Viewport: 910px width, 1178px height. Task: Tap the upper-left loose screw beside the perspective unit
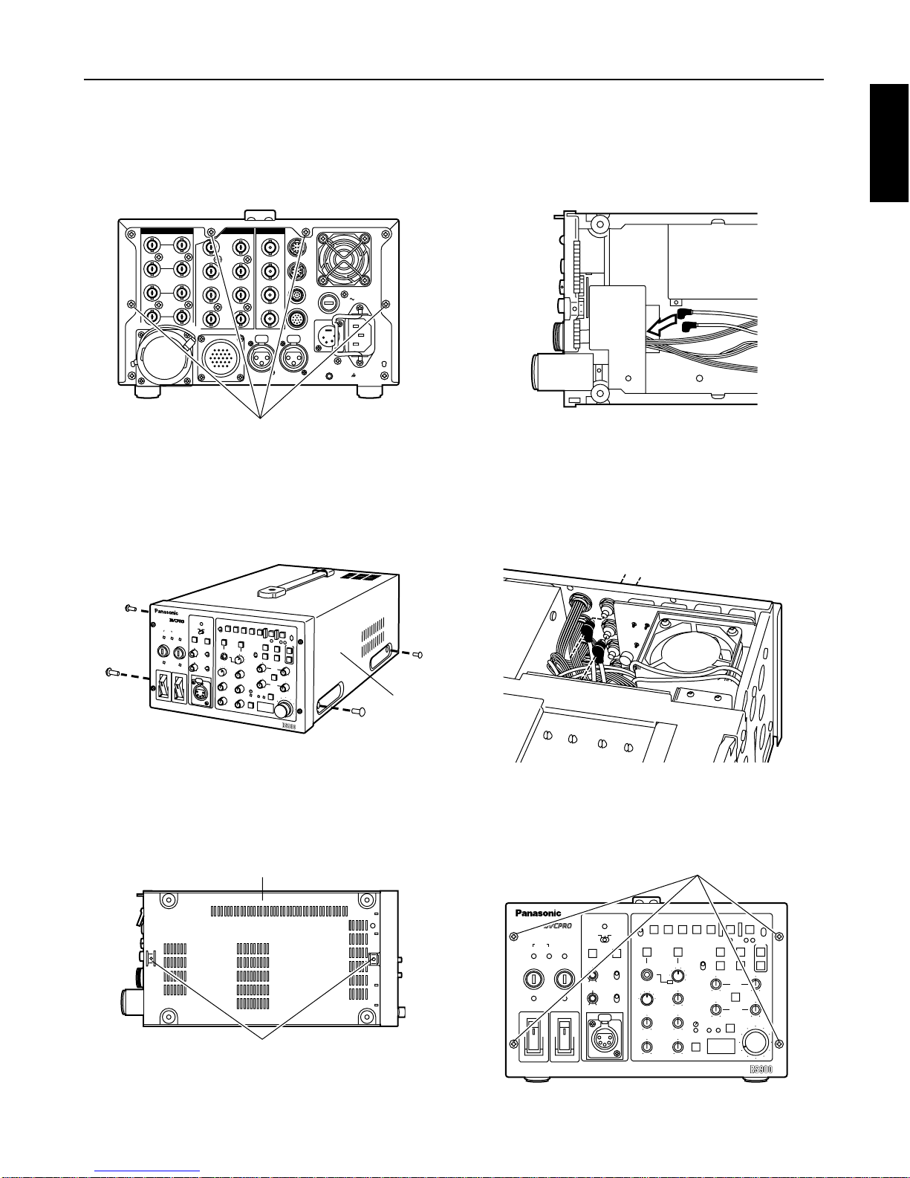[128, 608]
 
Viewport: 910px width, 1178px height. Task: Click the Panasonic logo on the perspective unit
[169, 612]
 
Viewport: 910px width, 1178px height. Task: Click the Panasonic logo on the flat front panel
[538, 913]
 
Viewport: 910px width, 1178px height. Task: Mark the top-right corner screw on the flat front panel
[777, 936]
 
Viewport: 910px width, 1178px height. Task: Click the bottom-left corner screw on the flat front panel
[513, 1044]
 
